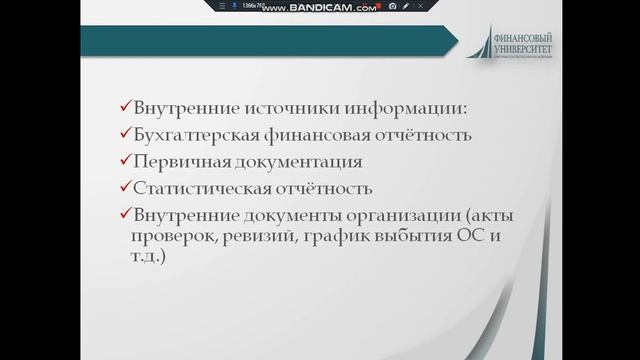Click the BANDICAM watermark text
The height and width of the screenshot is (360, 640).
[x=335, y=7]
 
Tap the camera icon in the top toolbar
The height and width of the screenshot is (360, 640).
[x=393, y=7]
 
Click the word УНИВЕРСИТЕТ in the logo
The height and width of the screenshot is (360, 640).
[x=527, y=46]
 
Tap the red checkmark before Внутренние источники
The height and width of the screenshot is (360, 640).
[x=123, y=108]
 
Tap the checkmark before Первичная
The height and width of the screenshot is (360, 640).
[x=123, y=160]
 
